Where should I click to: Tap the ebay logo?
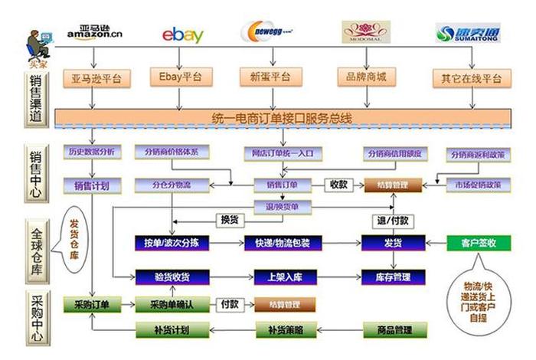click(183, 34)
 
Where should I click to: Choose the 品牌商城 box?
click(367, 77)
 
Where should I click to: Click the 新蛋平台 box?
click(270, 77)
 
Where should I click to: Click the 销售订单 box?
click(280, 185)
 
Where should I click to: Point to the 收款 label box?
click(338, 185)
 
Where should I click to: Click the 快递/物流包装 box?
click(283, 243)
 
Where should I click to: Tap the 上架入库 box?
click(283, 277)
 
